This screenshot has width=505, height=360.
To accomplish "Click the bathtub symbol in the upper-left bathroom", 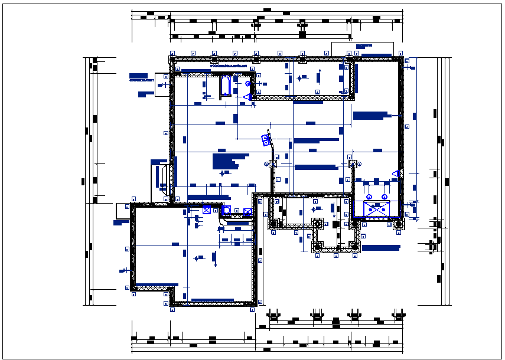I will [x=226, y=86].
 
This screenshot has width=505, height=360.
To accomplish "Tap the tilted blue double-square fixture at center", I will [x=266, y=140].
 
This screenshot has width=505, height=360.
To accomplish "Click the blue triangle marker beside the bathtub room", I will [x=249, y=96].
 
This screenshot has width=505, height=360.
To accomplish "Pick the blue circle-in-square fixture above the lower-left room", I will [x=226, y=210].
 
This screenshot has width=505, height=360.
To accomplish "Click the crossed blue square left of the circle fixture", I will [x=207, y=210].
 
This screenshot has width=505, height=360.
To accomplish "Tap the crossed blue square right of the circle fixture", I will [x=247, y=211].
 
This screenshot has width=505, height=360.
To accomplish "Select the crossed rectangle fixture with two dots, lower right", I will [x=376, y=208].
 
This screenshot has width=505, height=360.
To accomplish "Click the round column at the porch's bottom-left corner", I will [x=318, y=247].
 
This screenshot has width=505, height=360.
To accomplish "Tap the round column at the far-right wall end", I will [x=399, y=224].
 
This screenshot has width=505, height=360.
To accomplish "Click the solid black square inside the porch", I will [x=335, y=224].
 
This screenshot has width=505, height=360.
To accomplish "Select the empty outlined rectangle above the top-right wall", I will [x=362, y=49].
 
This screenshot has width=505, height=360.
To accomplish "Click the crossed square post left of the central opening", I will [x=273, y=164].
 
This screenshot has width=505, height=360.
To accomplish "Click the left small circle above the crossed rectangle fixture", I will [x=368, y=197].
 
